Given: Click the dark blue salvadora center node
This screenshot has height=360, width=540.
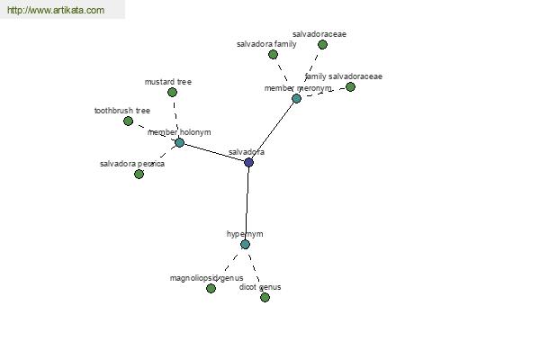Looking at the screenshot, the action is tap(248, 162).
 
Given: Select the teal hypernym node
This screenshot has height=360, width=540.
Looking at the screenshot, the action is tap(245, 245).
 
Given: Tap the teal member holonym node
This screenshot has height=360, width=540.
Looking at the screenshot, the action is tap(179, 142).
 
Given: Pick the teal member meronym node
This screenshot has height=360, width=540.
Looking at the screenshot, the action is tap(296, 99).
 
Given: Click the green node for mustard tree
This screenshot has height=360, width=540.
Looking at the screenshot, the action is tap(172, 93).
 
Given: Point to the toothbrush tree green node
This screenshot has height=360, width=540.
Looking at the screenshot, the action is tap(128, 121).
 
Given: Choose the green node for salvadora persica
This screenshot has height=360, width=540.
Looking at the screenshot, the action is tap(139, 175).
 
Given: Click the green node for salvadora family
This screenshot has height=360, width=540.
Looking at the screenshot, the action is tap(273, 54).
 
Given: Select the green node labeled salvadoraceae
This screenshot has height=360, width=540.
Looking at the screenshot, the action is tap(322, 44).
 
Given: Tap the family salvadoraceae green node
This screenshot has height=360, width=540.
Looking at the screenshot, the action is tap(350, 86).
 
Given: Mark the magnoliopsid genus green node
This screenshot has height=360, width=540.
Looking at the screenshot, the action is tap(211, 288).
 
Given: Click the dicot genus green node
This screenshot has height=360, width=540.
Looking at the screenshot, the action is tap(265, 297).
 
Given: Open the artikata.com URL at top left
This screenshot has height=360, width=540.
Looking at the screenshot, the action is tap(56, 10).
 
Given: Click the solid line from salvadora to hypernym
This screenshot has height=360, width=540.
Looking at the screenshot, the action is tap(247, 203).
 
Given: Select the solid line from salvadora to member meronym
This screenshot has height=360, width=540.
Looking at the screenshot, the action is tap(273, 130).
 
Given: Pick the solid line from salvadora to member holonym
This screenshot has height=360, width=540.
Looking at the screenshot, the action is tap(214, 152).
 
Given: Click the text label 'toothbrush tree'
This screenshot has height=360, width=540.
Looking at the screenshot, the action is tap(122, 111).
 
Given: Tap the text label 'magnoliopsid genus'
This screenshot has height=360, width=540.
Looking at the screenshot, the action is tap(207, 278).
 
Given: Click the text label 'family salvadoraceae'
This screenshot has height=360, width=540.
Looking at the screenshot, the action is tap(344, 76).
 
